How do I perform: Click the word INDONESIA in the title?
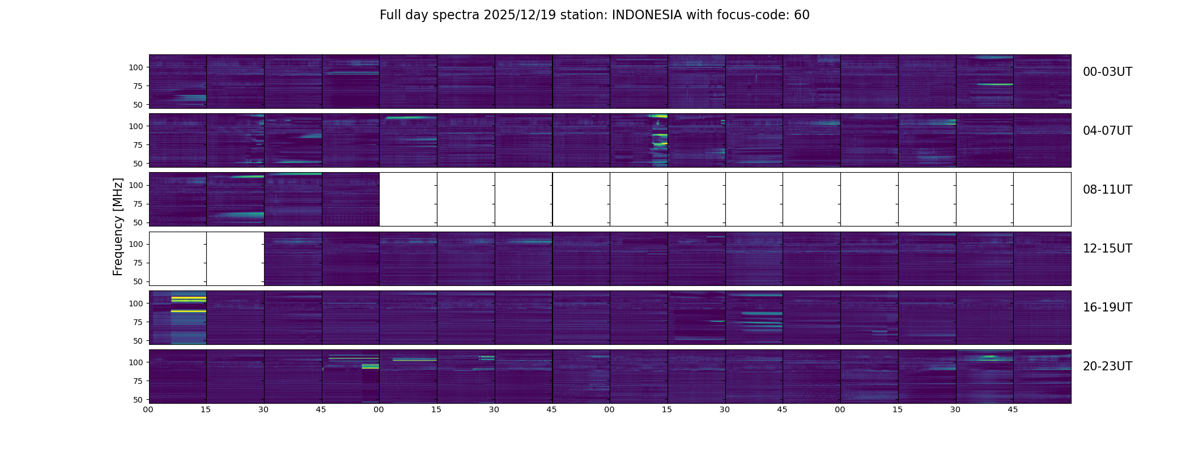point(647,15)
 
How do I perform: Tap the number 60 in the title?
point(801,15)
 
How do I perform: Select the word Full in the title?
point(390,15)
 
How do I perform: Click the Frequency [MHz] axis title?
point(118,226)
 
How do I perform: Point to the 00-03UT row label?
point(1107,72)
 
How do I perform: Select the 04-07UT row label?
point(1107,131)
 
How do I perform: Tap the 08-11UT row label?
point(1107,190)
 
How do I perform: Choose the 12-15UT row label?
point(1107,249)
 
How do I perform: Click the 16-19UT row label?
point(1107,307)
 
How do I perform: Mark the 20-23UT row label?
point(1107,366)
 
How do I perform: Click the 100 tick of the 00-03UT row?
point(136,67)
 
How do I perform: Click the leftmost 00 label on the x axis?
point(148,409)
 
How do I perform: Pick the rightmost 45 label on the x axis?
point(1013,409)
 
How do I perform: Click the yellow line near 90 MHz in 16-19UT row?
point(189,311)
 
